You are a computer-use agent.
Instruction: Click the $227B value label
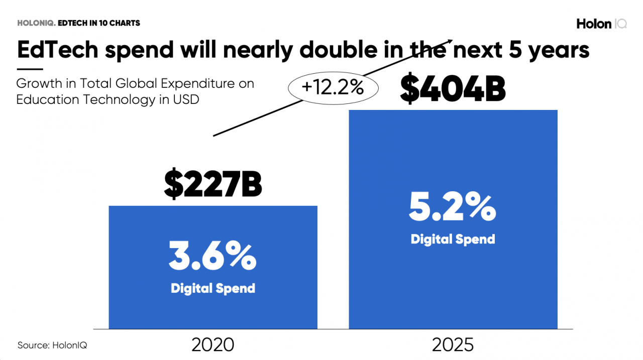[213, 184]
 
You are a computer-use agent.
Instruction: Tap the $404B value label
[453, 89]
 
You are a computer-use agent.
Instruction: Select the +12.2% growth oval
[332, 88]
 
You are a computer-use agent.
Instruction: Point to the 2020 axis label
[213, 345]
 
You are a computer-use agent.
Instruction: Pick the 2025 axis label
[453, 345]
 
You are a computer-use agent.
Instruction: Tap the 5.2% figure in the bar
[453, 208]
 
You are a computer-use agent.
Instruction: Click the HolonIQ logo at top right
[601, 24]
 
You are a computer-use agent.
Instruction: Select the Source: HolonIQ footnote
[49, 345]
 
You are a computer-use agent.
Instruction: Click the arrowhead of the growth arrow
[450, 42]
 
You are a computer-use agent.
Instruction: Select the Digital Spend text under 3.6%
[213, 289]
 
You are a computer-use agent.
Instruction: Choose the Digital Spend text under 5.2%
[453, 239]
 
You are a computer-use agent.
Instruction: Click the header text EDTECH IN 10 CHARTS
[99, 23]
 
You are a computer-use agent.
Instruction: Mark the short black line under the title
[30, 69]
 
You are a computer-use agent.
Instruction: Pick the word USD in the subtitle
[186, 99]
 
